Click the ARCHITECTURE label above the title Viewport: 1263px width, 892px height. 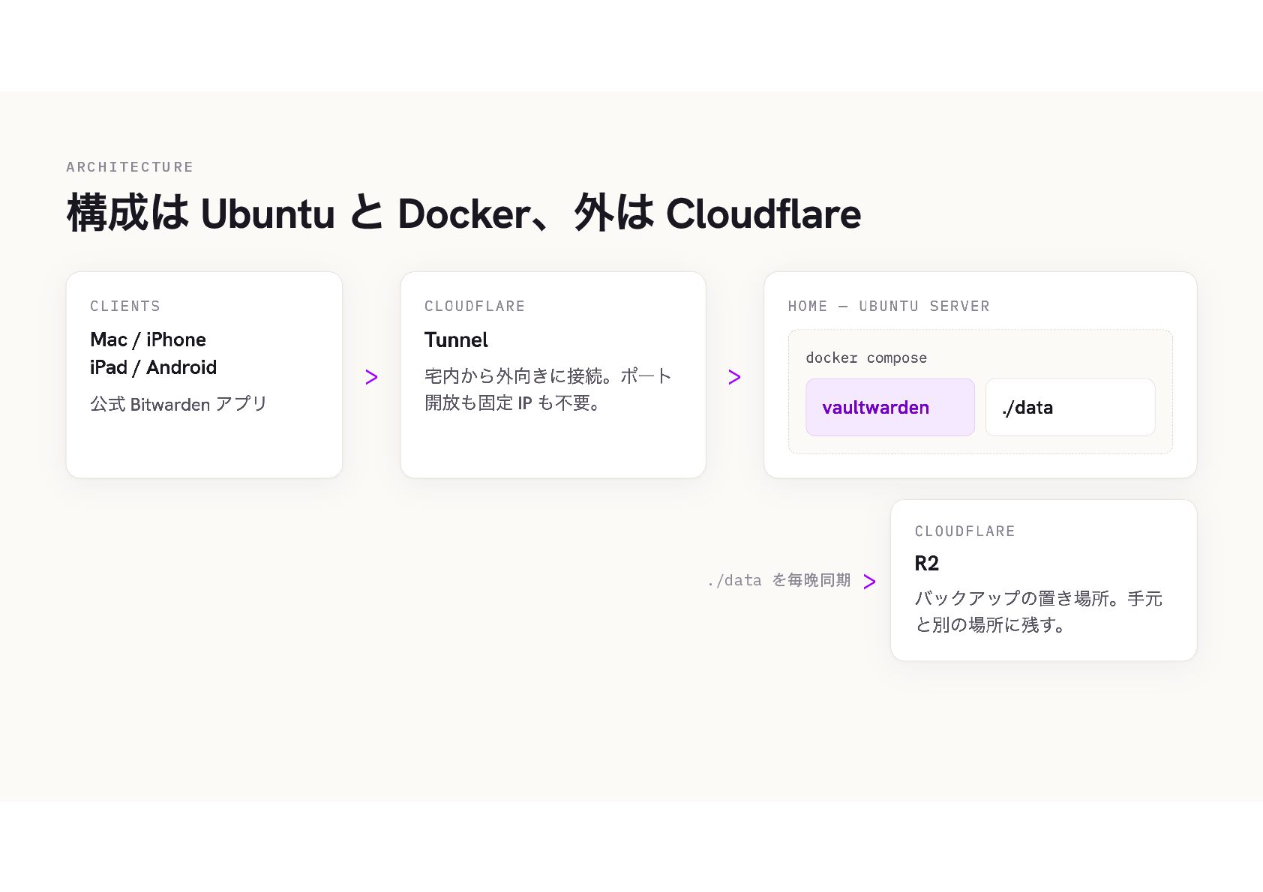(x=130, y=167)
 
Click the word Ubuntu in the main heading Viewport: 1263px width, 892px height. (x=267, y=214)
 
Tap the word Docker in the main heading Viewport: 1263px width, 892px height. (x=464, y=214)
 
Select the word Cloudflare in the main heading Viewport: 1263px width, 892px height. (x=763, y=214)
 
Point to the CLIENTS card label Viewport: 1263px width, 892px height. (x=125, y=306)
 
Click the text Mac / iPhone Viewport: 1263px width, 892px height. (x=148, y=340)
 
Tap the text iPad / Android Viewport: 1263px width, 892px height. (x=153, y=367)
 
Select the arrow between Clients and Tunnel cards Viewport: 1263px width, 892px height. (x=371, y=377)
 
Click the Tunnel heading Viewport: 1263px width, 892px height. (x=456, y=340)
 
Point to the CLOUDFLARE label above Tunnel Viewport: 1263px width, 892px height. (x=475, y=306)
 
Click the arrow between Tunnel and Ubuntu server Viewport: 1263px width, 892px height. (x=734, y=377)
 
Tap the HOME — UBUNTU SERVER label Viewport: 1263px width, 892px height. (x=889, y=306)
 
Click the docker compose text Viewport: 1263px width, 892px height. (x=866, y=358)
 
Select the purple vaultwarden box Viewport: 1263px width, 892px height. (x=890, y=407)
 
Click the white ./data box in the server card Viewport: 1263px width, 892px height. (x=1070, y=407)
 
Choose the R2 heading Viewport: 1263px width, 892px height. (x=926, y=563)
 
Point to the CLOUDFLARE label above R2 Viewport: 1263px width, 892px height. (x=964, y=531)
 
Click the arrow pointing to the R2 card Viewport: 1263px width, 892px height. (x=869, y=581)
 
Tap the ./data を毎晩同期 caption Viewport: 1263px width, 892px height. (x=779, y=580)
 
